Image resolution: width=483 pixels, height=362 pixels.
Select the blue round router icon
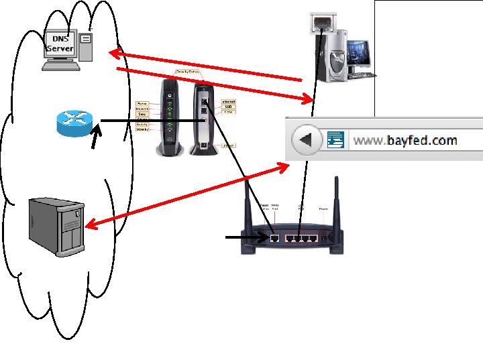point(75,122)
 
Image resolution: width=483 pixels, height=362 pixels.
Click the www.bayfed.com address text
point(405,140)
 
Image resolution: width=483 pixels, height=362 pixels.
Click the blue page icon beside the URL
point(336,140)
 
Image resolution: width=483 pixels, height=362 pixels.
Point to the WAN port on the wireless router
point(274,237)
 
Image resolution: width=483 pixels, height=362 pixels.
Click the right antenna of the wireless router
point(337,201)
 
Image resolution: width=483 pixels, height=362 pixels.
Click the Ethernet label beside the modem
point(228,101)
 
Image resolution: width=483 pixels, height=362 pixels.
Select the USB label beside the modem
point(228,107)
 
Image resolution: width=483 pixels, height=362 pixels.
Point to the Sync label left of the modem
point(142,114)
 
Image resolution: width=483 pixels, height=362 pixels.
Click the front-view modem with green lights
point(168,117)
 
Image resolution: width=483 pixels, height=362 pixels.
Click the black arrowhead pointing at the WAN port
point(263,237)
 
